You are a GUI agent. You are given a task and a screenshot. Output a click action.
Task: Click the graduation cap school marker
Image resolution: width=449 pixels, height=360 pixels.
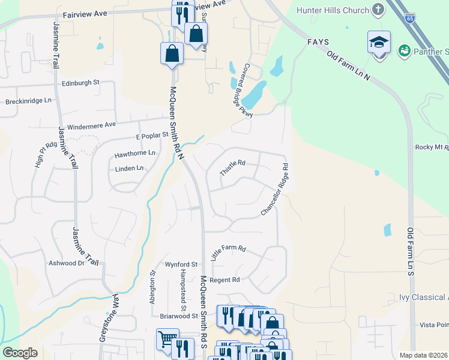click(379, 43)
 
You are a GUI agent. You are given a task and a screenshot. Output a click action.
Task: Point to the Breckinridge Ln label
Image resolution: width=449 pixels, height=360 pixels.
click(29, 101)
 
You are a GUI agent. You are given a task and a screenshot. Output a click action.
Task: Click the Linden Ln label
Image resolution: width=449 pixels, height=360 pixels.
click(130, 169)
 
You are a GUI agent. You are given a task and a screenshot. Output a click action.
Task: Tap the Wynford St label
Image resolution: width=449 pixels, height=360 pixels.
click(181, 264)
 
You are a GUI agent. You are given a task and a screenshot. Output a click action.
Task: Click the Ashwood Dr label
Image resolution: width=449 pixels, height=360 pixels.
click(67, 263)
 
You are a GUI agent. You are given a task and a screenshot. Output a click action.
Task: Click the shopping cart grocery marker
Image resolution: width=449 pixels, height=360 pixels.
click(167, 339)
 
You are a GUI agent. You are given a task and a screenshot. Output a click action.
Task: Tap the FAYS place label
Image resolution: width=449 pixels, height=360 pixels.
click(318, 42)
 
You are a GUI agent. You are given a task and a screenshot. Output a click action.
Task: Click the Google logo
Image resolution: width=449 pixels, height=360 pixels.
click(20, 353)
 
